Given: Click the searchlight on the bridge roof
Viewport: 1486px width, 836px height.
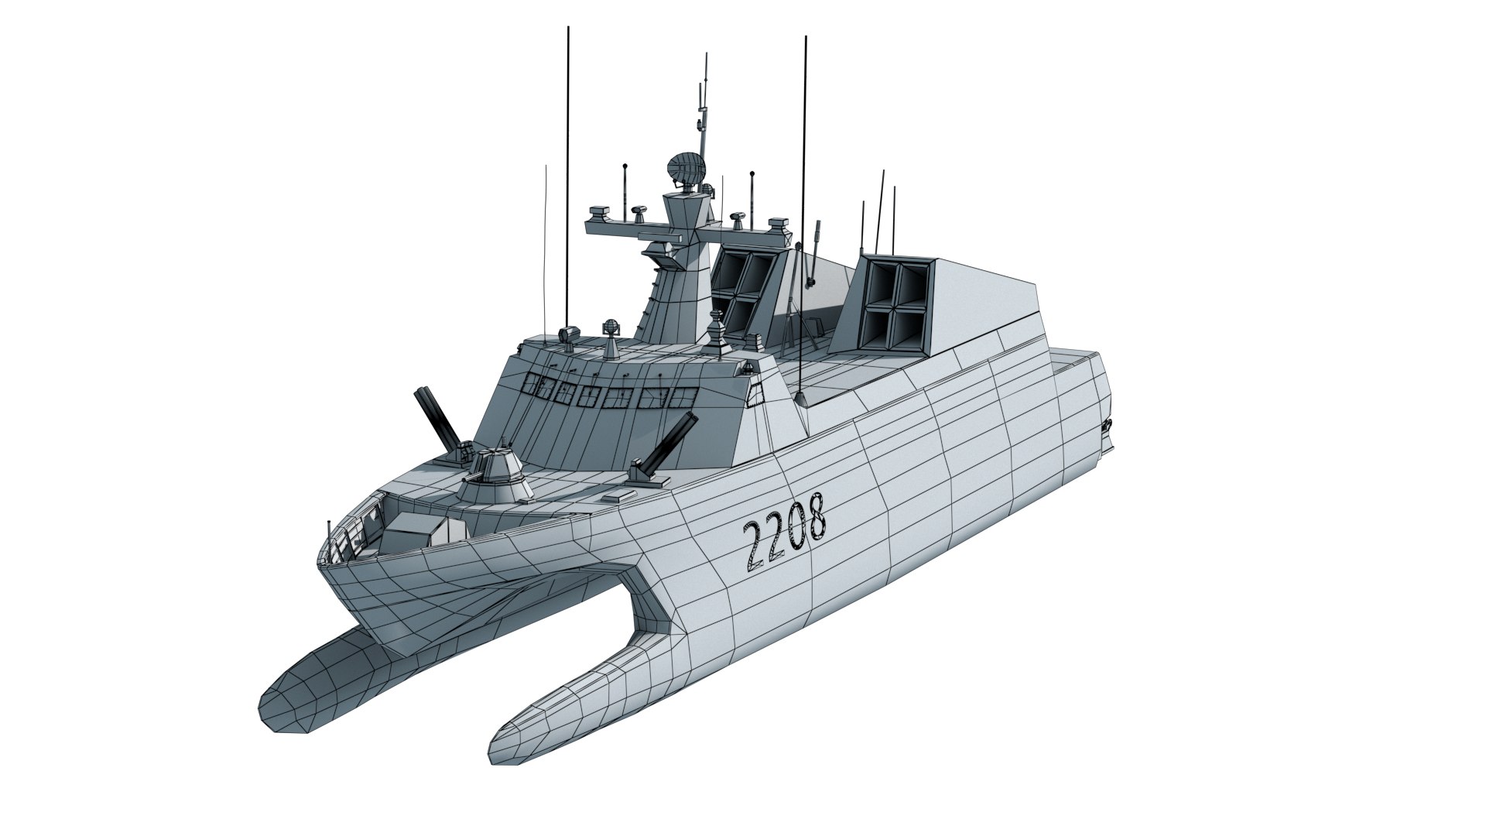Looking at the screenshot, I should click(567, 334).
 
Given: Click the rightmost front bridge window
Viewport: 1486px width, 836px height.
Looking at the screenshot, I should click(680, 397).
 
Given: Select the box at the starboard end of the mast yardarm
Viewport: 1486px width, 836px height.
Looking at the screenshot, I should click(778, 225).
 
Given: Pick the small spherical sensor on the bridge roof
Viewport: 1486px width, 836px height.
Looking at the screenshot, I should click(611, 328).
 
